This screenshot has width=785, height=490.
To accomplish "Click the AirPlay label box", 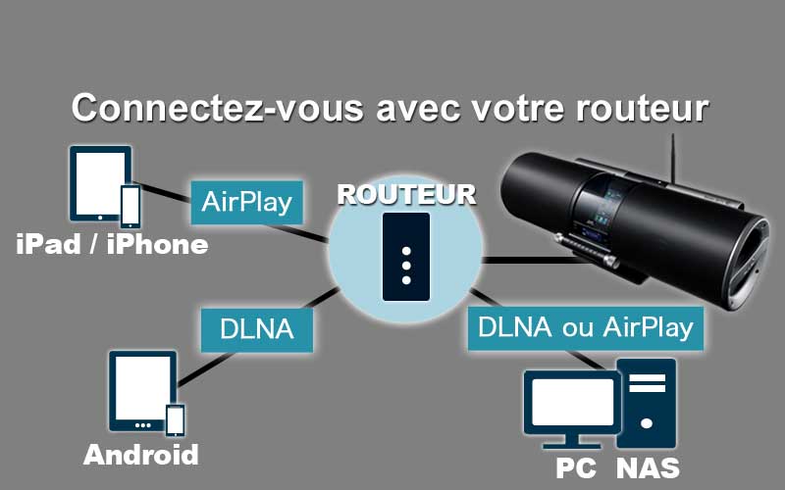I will (246, 203).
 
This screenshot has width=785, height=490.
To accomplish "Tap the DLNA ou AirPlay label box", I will (586, 327).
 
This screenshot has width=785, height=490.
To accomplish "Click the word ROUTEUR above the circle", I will (406, 193).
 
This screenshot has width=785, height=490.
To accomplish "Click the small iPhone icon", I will (130, 206).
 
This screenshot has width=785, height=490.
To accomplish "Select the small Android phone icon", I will (175, 419).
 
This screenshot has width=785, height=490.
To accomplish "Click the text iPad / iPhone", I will (112, 245).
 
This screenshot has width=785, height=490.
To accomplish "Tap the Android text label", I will (141, 455).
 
